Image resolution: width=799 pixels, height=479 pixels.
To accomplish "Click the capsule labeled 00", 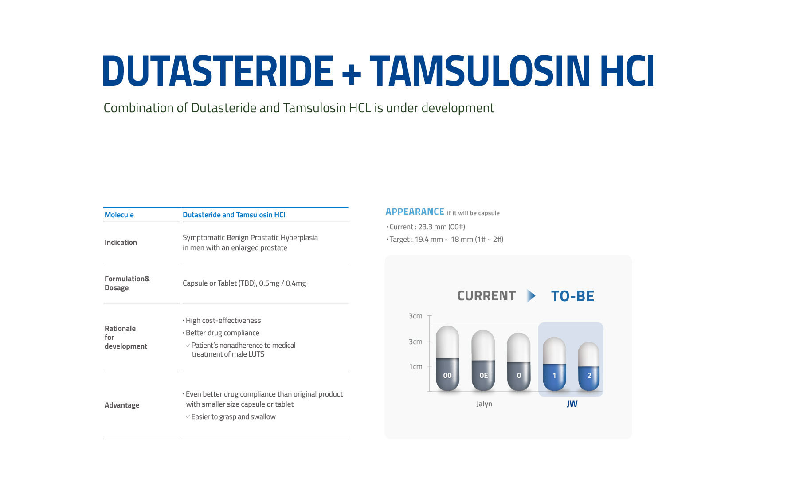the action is click(x=447, y=359).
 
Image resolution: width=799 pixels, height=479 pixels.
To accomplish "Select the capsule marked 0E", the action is click(x=483, y=361).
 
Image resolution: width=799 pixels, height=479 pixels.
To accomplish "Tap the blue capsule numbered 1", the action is click(x=554, y=365).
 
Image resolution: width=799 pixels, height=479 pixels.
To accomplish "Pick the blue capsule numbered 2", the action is click(x=589, y=367).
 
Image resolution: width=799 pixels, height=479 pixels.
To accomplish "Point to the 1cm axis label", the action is click(x=415, y=367).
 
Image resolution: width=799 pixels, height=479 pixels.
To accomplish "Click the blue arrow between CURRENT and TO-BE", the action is click(x=531, y=296).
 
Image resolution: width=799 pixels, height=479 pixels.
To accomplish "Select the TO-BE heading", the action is click(x=572, y=296).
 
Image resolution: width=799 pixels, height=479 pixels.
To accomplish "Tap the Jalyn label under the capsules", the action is click(x=484, y=404).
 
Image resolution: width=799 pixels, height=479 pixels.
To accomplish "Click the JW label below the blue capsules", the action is click(x=572, y=404).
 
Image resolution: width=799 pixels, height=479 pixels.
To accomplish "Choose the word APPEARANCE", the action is click(x=415, y=212).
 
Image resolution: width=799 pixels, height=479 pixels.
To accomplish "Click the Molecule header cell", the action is click(x=119, y=215).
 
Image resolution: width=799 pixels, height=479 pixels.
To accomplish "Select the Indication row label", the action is click(x=121, y=243).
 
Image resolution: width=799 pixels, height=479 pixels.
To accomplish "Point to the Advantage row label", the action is click(x=122, y=405).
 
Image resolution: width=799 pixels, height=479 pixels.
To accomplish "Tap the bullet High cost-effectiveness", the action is click(x=222, y=321).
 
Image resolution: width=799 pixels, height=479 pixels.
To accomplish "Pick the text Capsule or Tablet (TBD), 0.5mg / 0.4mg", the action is click(x=244, y=283).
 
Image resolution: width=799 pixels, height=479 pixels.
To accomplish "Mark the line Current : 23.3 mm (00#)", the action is click(x=426, y=227).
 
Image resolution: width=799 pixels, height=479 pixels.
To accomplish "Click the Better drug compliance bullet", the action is click(x=221, y=333).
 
